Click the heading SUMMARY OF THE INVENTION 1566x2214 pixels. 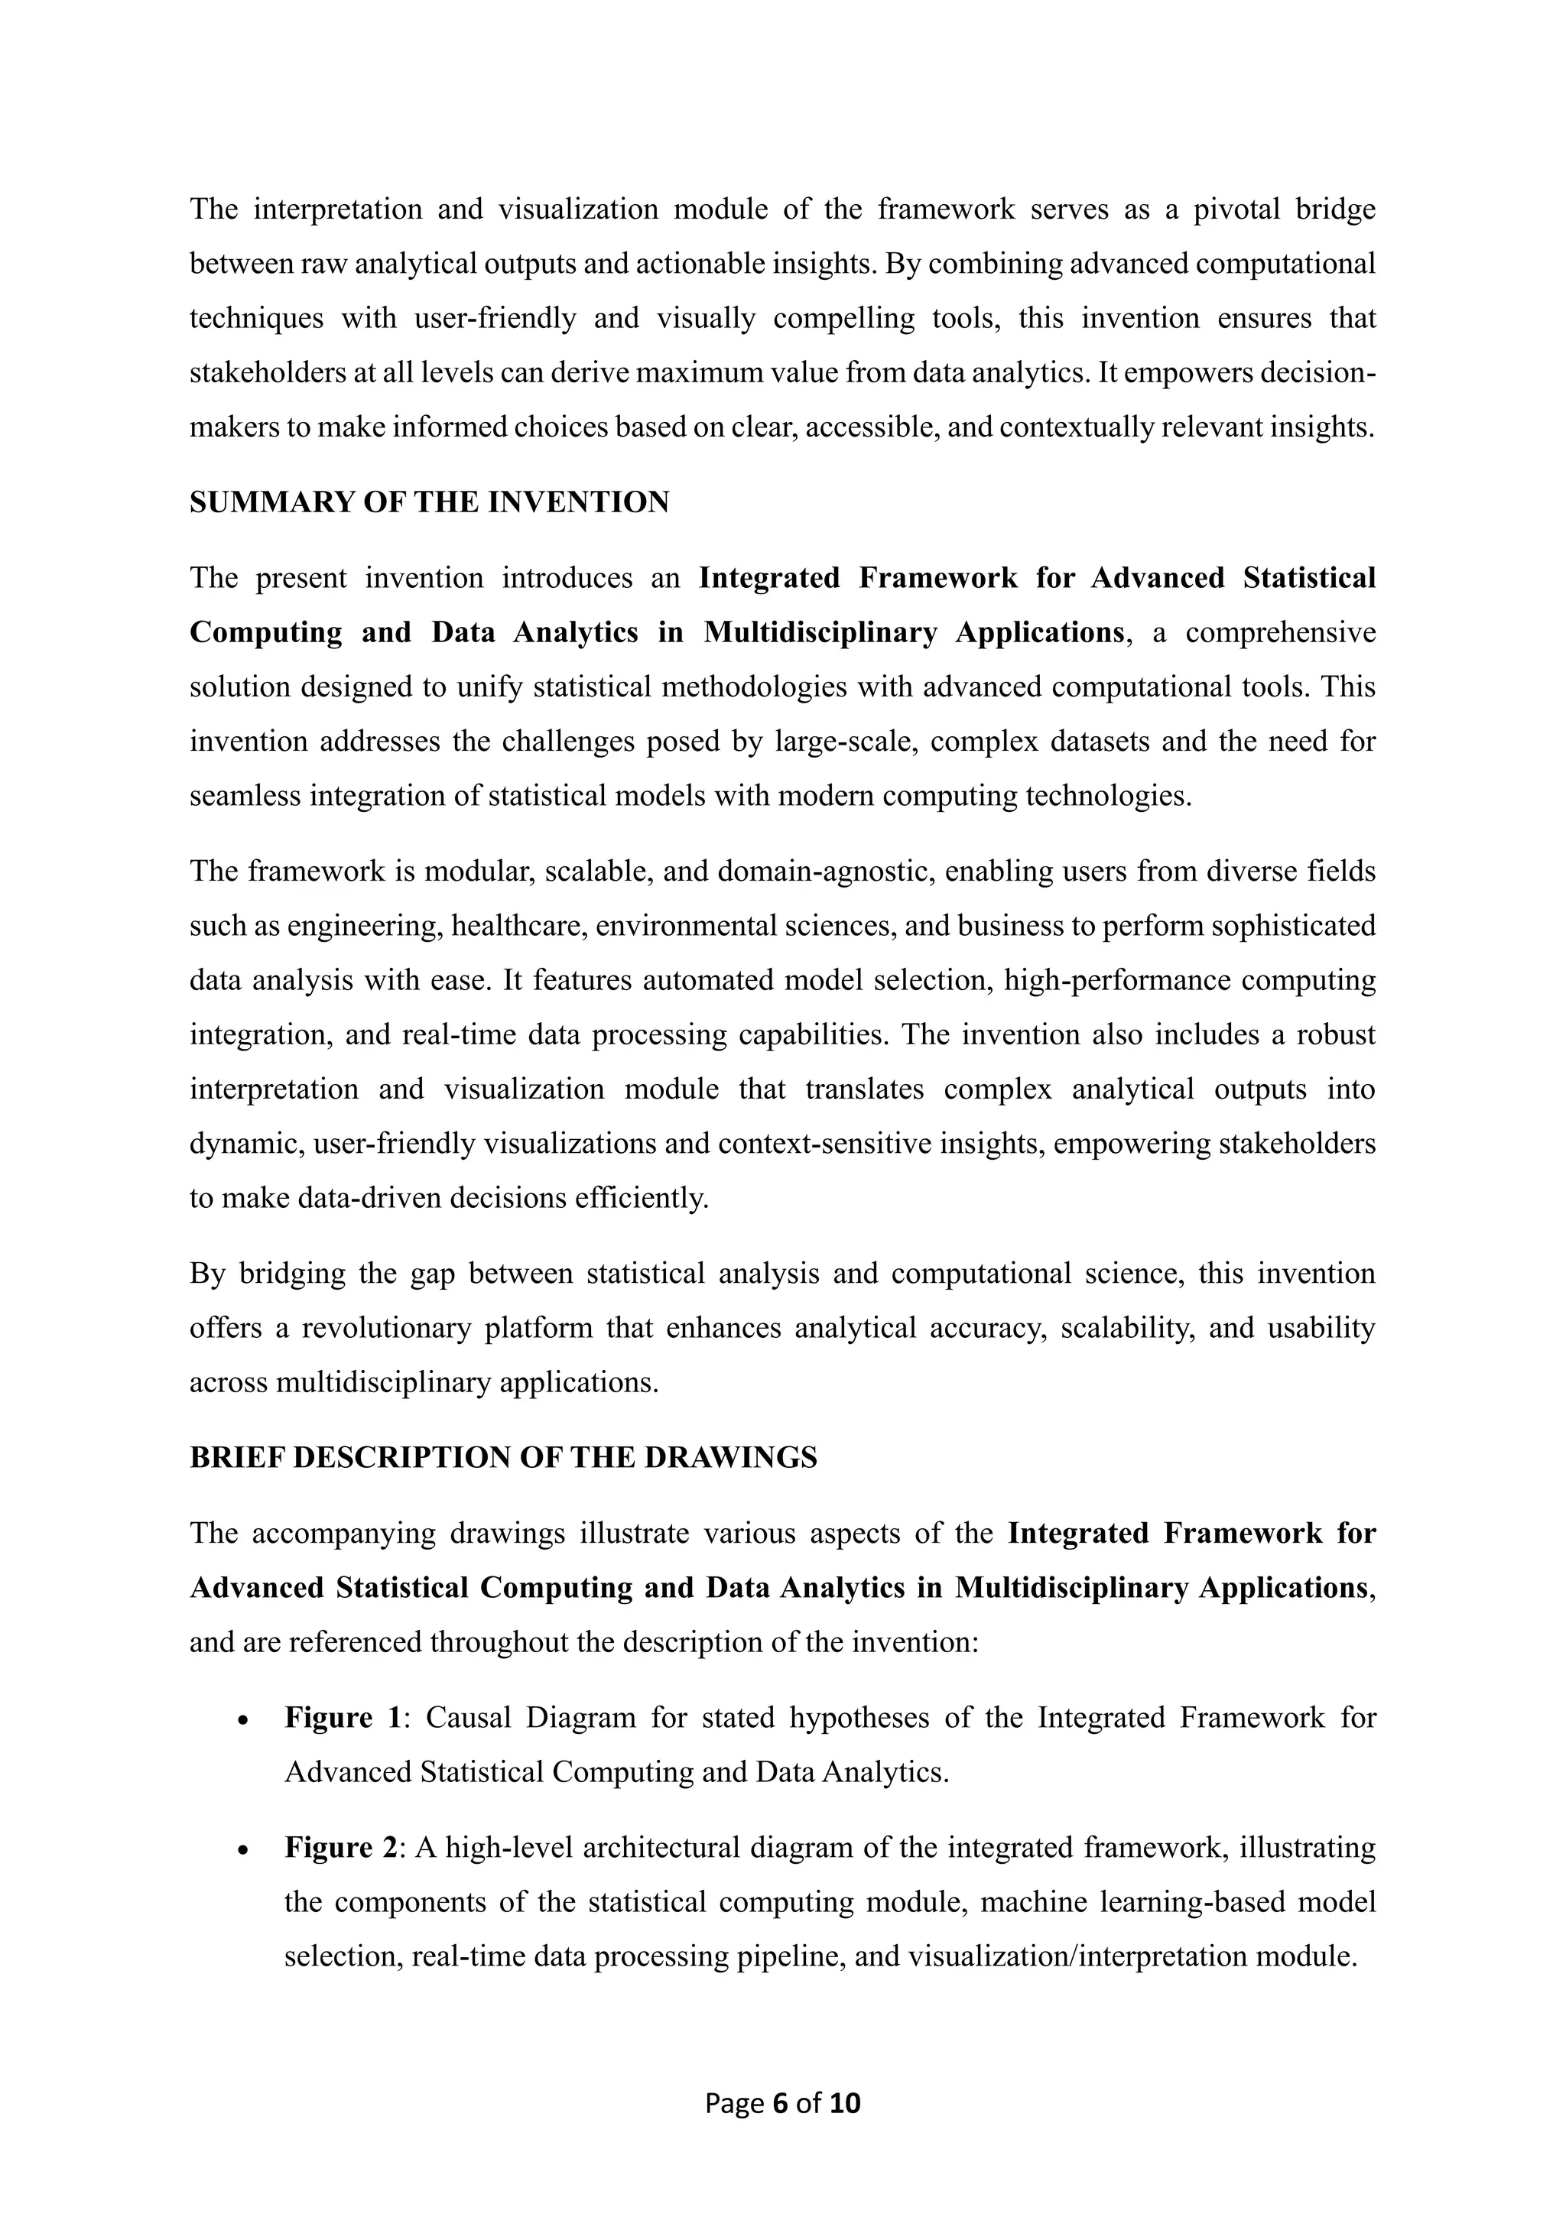[429, 502]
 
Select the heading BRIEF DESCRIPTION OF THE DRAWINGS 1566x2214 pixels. [502, 1457]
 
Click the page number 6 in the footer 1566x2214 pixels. [780, 2103]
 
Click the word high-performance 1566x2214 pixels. [1115, 980]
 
